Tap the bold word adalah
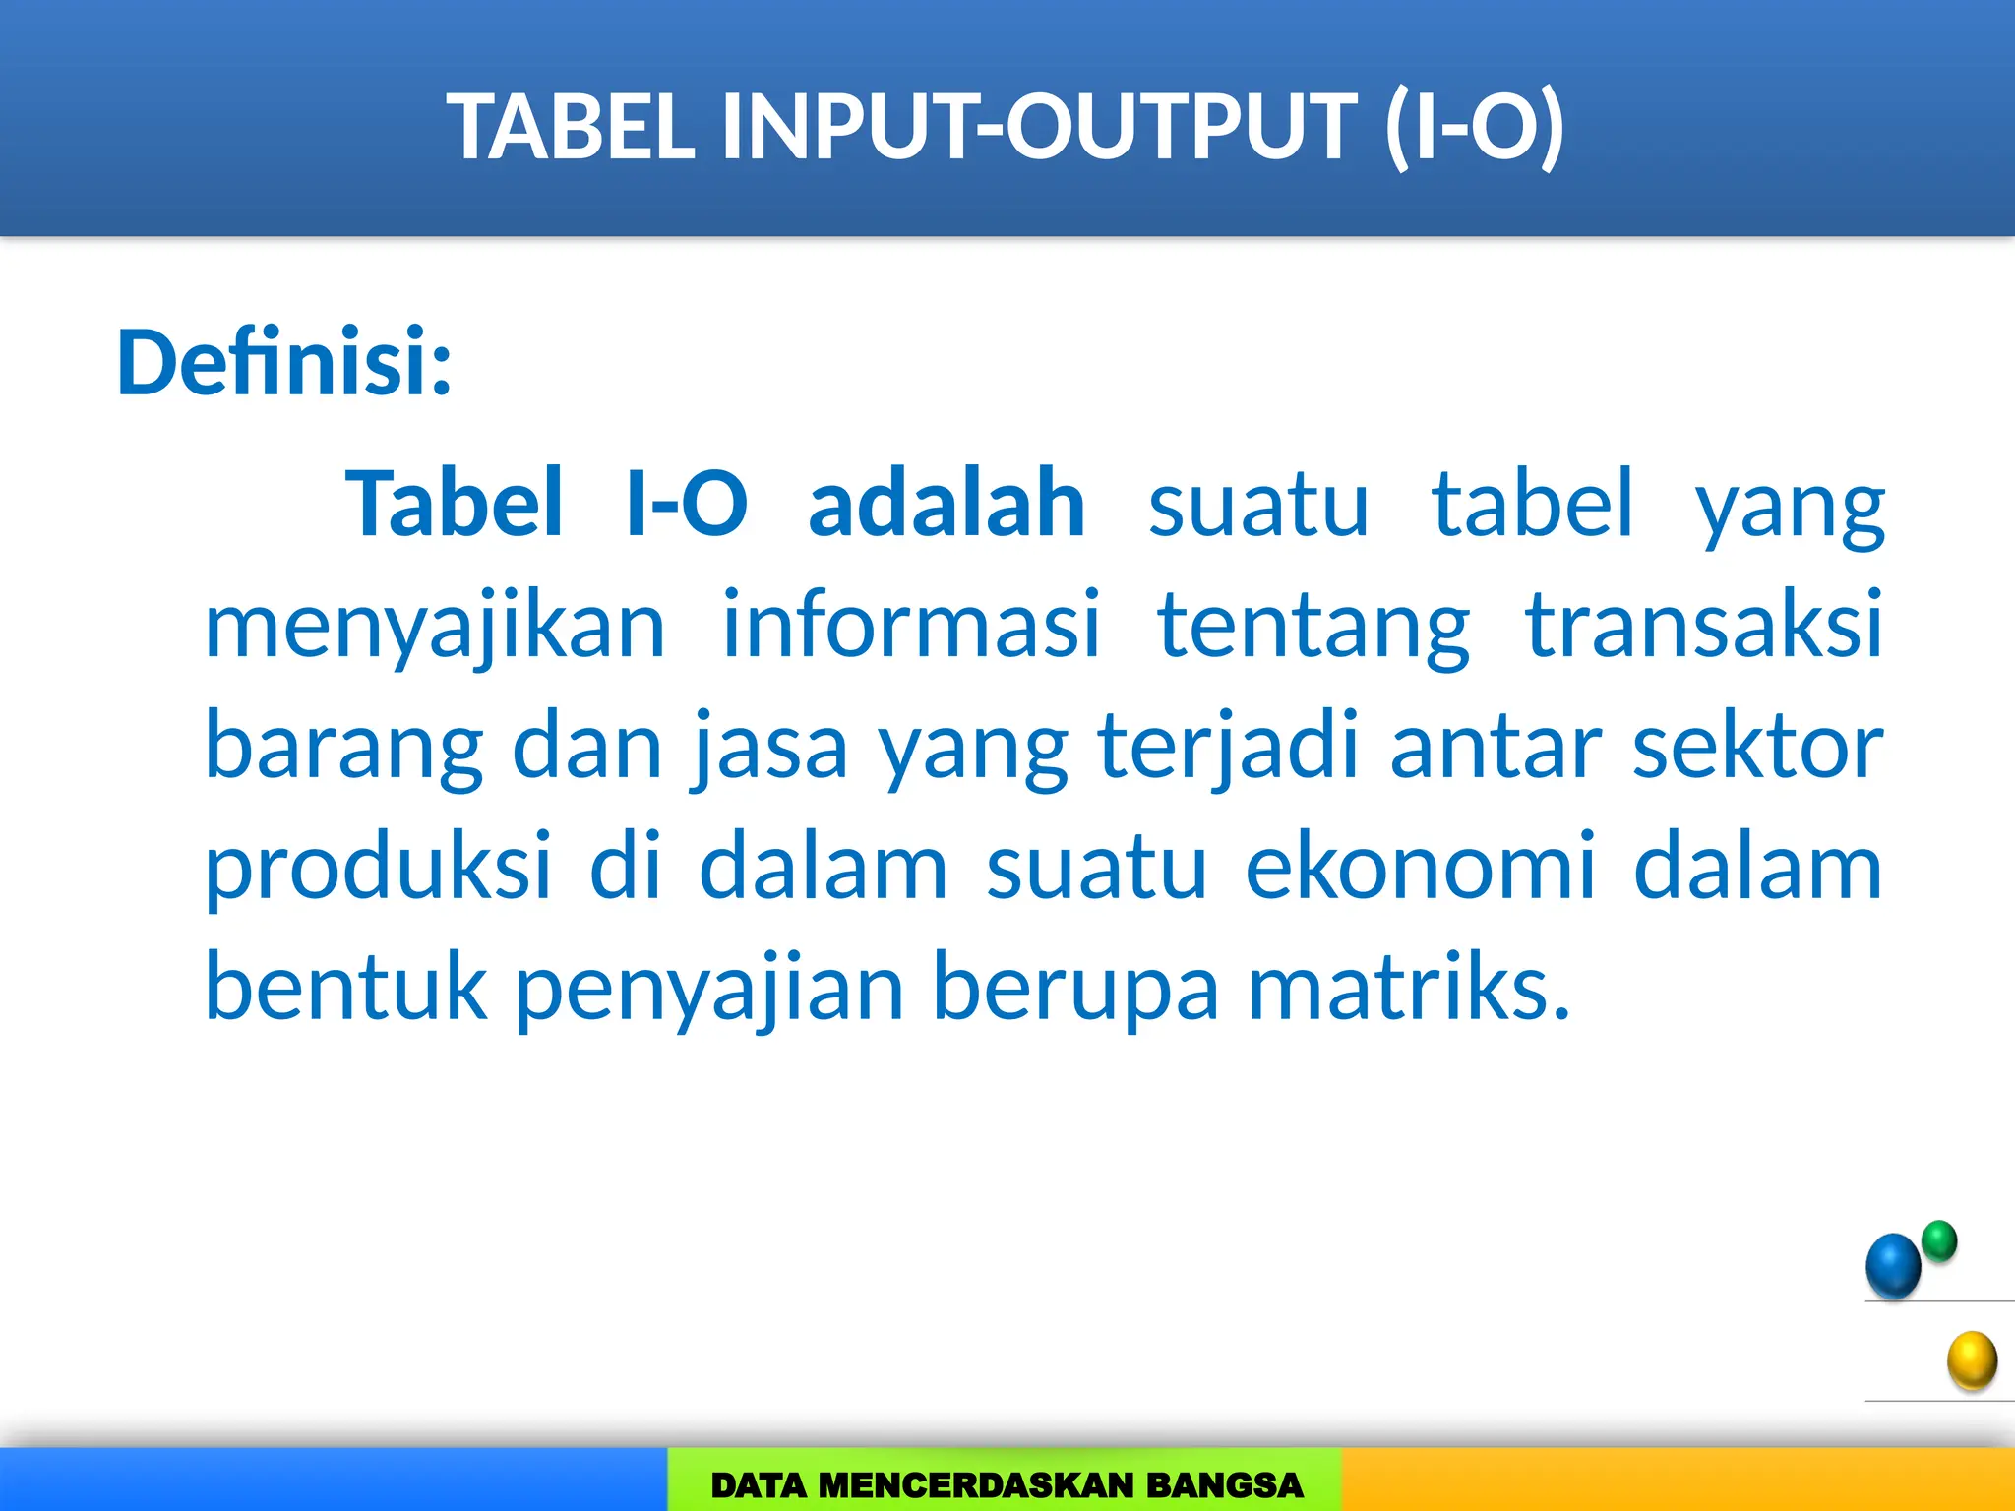[946, 504]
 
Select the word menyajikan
[435, 626]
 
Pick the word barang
[343, 747]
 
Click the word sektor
[1757, 747]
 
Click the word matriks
[1409, 987]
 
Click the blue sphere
[1893, 1266]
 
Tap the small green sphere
[1939, 1240]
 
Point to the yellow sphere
[1972, 1360]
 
